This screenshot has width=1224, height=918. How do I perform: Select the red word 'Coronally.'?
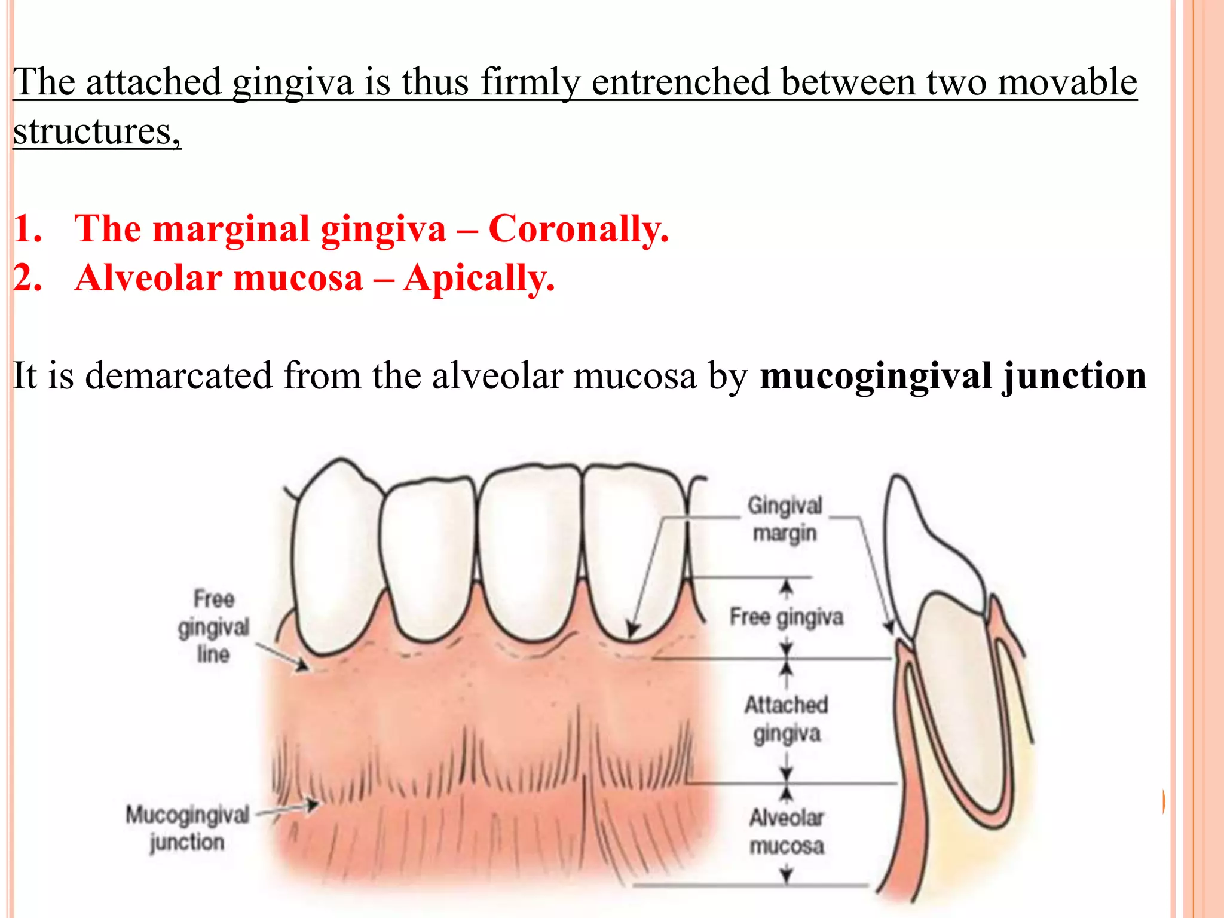(x=579, y=229)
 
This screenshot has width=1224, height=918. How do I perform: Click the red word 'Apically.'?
(x=479, y=279)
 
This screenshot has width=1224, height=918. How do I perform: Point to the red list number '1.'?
(x=27, y=229)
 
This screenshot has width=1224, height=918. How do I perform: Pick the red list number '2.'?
(x=27, y=279)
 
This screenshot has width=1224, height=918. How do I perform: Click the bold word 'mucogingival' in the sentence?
(x=876, y=377)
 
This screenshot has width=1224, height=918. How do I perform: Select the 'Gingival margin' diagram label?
(x=785, y=519)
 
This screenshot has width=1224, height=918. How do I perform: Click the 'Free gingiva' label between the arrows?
(x=787, y=617)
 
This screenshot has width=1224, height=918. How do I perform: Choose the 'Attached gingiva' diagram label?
(x=787, y=719)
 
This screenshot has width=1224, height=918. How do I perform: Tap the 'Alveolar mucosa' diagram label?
(x=787, y=832)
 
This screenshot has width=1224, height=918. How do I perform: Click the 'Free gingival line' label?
(x=213, y=626)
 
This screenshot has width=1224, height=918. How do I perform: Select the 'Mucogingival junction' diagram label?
(x=187, y=828)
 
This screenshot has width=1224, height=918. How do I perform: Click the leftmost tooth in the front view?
(x=335, y=562)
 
